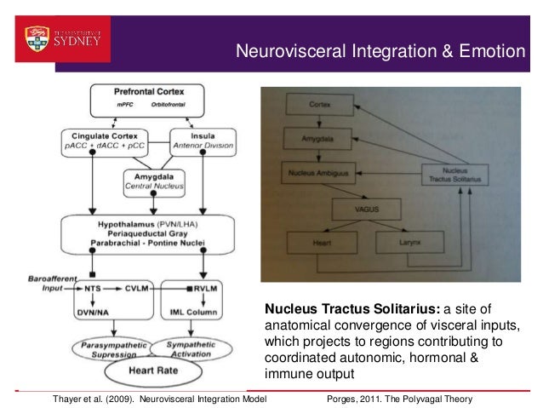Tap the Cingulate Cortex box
(x=105, y=140)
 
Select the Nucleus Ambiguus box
(x=310, y=174)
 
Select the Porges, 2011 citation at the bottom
(x=399, y=399)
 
